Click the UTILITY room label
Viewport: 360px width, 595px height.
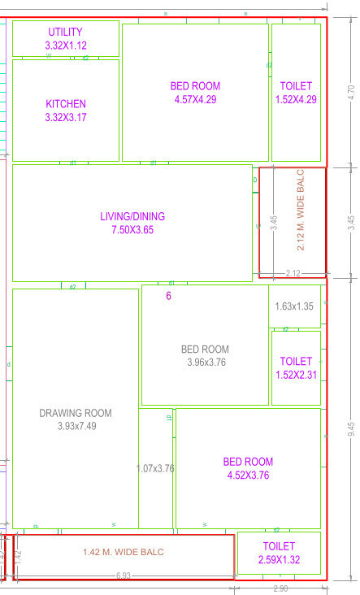coord(65,32)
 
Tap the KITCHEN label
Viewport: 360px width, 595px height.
coord(65,104)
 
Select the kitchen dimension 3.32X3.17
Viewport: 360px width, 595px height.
coord(65,118)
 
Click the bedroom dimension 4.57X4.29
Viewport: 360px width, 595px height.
coord(195,100)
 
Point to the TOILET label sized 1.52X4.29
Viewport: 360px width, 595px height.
coord(296,86)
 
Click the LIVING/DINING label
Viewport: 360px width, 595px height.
coord(132,216)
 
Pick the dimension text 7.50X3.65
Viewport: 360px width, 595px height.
coord(132,230)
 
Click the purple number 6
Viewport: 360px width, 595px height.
coord(169,296)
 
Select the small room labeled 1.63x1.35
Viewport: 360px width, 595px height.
coord(294,306)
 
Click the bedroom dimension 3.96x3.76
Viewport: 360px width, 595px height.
coord(205,363)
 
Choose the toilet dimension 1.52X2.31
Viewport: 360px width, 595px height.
coord(296,375)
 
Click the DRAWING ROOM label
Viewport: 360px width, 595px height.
coord(76,413)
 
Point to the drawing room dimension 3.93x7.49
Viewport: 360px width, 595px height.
coord(76,426)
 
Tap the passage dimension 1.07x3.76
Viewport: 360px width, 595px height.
coord(155,468)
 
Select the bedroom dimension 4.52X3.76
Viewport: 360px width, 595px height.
coord(248,476)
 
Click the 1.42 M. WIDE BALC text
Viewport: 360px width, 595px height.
coord(123,552)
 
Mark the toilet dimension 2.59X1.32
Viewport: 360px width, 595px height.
coord(279,560)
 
